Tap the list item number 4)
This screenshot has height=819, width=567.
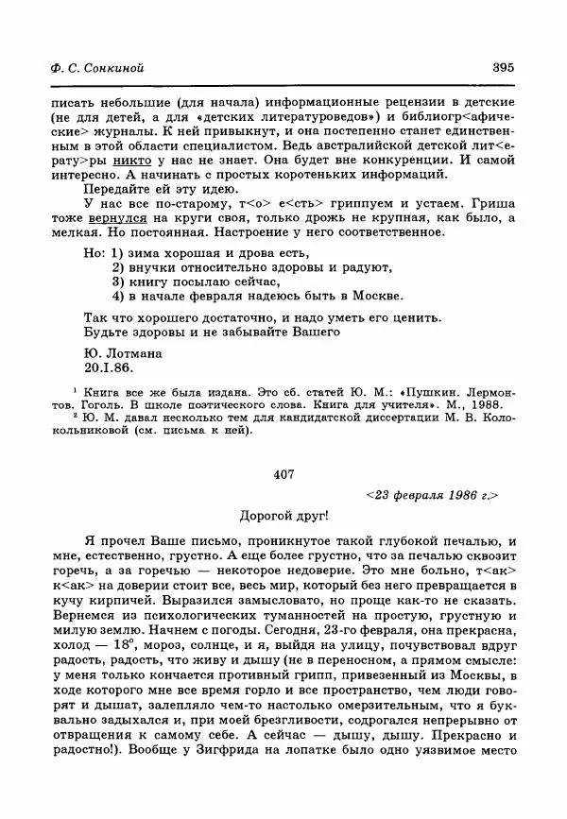click(120, 294)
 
